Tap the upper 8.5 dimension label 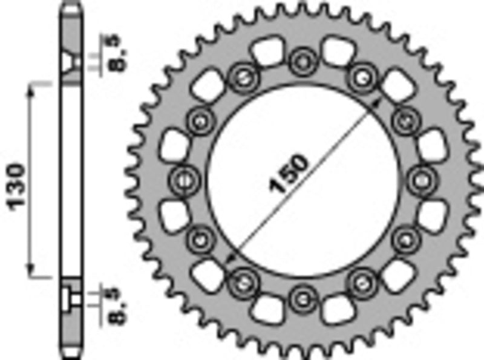coord(113,52)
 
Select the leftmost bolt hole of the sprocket coord(184,179)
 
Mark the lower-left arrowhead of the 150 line coord(229,261)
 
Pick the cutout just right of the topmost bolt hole coord(336,50)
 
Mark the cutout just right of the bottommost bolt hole coord(336,309)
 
